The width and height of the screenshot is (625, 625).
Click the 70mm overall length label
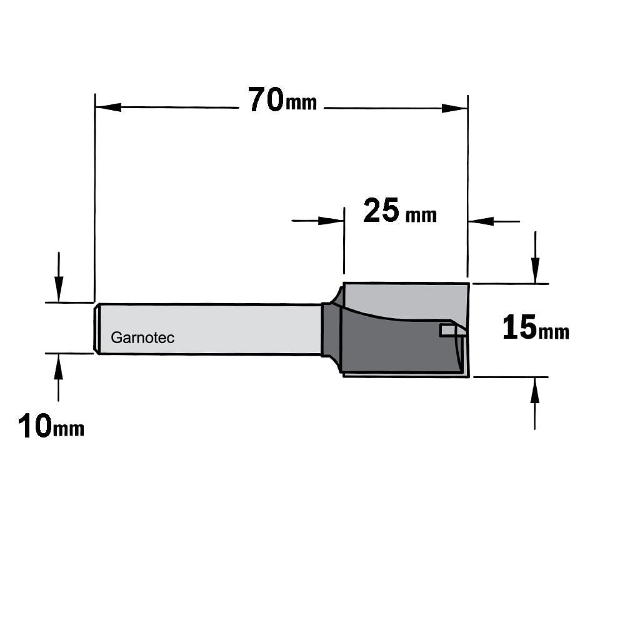coord(282,100)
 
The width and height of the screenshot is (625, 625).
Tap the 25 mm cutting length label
coord(400,211)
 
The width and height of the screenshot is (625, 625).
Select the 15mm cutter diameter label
coord(536,327)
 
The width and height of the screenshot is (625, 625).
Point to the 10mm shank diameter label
coord(51,426)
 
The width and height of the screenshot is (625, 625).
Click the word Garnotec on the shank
coord(142,337)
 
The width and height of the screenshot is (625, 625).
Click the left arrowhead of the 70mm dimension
coord(108,107)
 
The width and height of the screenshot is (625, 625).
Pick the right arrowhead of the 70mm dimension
coord(454,108)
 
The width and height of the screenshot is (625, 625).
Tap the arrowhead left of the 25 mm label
coord(331,221)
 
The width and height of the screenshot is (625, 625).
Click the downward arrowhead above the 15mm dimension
coord(536,271)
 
